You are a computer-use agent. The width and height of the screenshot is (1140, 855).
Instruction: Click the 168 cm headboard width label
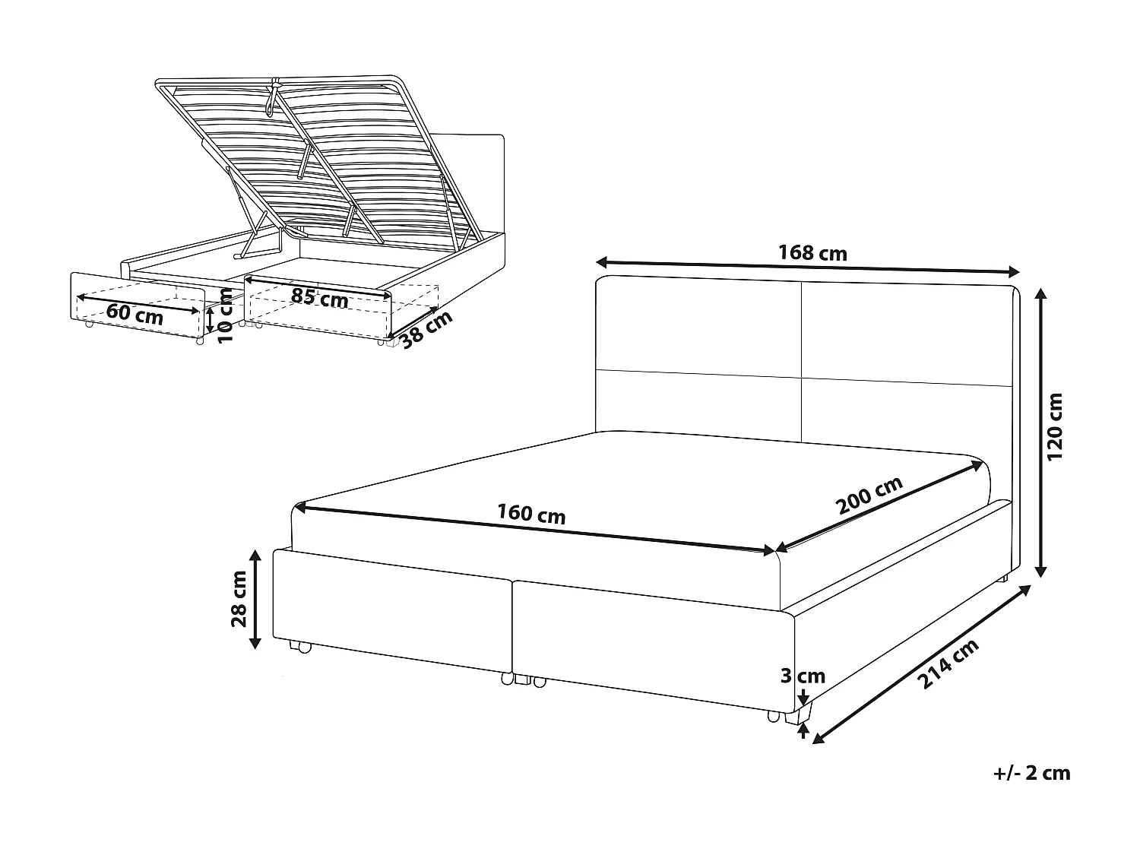812,253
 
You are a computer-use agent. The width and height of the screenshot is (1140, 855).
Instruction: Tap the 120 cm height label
1055,426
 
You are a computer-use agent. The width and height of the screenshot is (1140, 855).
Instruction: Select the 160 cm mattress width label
531,515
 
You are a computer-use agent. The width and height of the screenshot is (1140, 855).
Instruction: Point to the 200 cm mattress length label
869,496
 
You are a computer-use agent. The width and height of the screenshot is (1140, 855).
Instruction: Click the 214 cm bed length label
948,665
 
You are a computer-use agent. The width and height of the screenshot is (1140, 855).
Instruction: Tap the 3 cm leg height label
802,676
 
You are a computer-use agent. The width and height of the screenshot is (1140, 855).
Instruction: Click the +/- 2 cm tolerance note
1031,774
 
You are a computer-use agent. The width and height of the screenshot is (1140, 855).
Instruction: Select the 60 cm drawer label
135,313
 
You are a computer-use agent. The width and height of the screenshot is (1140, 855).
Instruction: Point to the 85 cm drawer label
319,298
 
